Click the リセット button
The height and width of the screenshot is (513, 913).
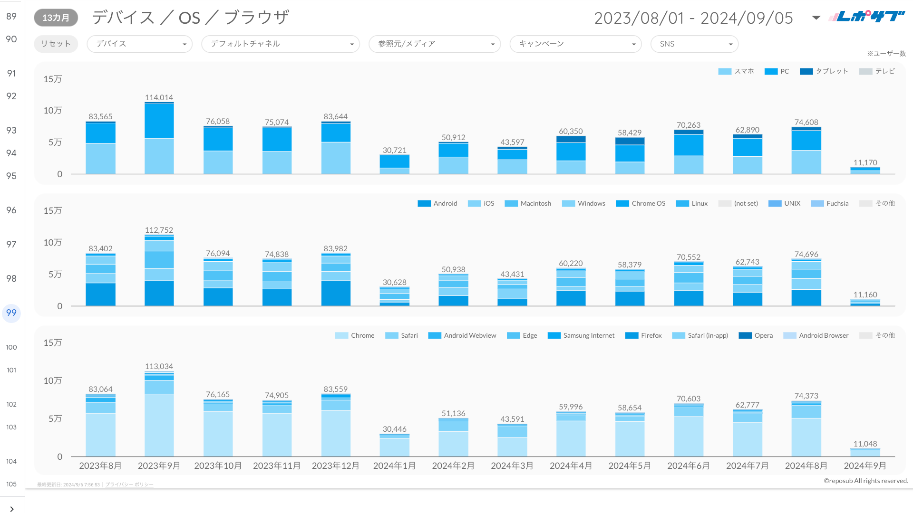[x=56, y=44]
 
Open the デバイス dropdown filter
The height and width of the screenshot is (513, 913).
[x=139, y=44]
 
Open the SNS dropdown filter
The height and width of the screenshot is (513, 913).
[x=694, y=44]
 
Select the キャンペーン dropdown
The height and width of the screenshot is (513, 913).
[x=575, y=44]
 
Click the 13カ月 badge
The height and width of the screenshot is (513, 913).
[x=56, y=18]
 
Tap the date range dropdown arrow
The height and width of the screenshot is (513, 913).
[x=816, y=18]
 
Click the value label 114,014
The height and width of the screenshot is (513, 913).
[x=159, y=97]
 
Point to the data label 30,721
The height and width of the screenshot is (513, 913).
[x=394, y=150]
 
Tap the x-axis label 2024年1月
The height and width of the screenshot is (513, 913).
[x=394, y=465]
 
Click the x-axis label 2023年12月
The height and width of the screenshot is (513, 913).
[x=335, y=465]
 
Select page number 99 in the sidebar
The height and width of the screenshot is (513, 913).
[x=11, y=313]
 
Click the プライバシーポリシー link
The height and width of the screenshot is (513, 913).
[x=129, y=484]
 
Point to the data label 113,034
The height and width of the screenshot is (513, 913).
[x=159, y=366]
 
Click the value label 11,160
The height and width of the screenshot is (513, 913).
[x=865, y=294]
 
